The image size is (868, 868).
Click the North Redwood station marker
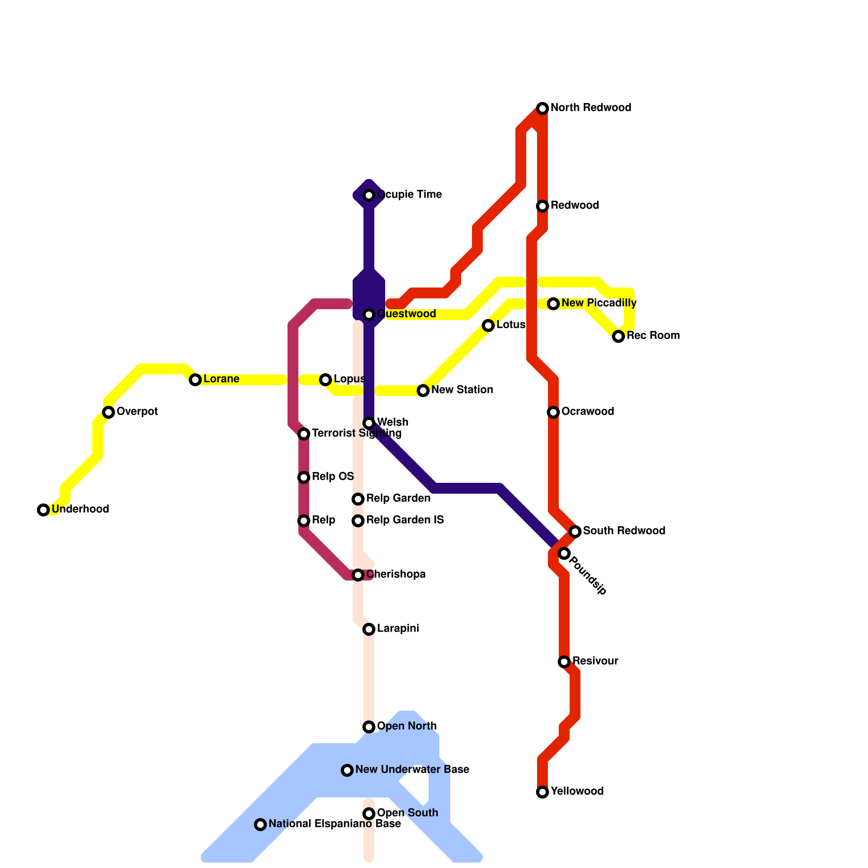pos(542,108)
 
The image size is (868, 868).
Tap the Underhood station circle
pos(43,510)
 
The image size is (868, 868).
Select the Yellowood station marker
pos(542,792)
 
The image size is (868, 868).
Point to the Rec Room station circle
pos(618,336)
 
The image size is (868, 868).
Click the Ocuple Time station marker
pos(369,195)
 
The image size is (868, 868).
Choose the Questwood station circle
pos(369,315)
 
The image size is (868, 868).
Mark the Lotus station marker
pos(488,325)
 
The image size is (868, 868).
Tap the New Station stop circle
pos(423,391)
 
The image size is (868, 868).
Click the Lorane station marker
pos(195,380)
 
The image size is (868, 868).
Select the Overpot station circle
pos(108,412)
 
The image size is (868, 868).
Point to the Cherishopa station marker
pos(358,575)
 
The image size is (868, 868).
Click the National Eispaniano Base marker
pos(260,825)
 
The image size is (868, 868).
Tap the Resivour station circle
pos(564,662)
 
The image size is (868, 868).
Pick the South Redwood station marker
pos(575,532)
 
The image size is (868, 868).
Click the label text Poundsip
pos(589,576)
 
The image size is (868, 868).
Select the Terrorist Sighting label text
pos(356,433)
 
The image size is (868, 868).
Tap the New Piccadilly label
pos(599,303)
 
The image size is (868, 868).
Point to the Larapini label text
pos(398,629)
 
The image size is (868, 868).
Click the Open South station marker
pos(369,814)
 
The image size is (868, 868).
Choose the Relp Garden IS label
pos(405,520)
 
